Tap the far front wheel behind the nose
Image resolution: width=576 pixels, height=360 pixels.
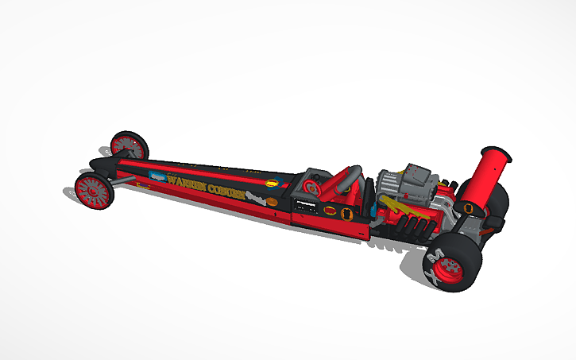click(x=129, y=145)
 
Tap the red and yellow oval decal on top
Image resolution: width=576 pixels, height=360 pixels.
click(x=274, y=182)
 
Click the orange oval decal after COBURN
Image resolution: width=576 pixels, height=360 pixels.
click(x=272, y=203)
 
